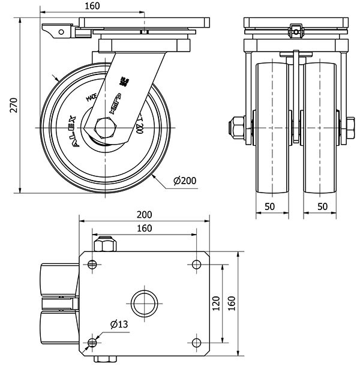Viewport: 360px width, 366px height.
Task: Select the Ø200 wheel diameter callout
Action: pyautogui.click(x=184, y=180)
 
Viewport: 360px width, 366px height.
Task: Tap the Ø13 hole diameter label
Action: pyautogui.click(x=119, y=325)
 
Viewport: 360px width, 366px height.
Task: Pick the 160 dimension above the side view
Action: pyautogui.click(x=92, y=7)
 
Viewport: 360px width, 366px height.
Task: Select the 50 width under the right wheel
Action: pyautogui.click(x=322, y=207)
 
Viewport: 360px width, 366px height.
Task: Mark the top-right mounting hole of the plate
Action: pyautogui.click(x=196, y=264)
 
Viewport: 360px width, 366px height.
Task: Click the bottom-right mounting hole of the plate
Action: pyautogui.click(x=196, y=343)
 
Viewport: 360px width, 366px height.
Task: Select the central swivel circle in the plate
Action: pyautogui.click(x=144, y=303)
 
